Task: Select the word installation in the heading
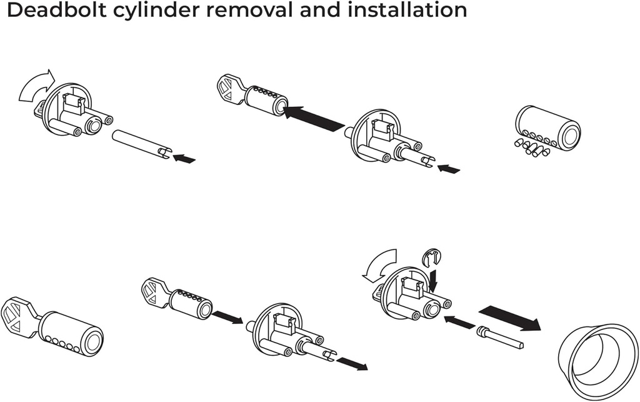pyautogui.click(x=409, y=11)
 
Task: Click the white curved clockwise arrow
pyautogui.click(x=36, y=87)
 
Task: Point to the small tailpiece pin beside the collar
pyautogui.click(x=499, y=336)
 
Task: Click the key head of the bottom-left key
pyautogui.click(x=20, y=316)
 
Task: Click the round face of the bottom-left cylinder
pyautogui.click(x=93, y=341)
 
